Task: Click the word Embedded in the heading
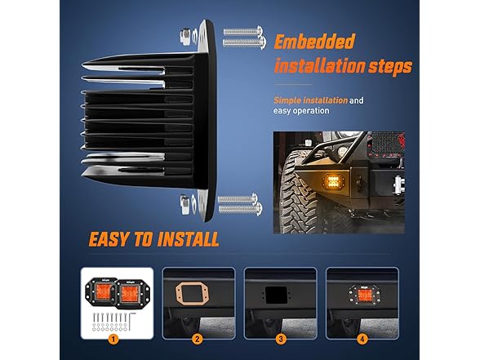314,42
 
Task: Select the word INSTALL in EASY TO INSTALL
188,239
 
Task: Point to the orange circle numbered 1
113,339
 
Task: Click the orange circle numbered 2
197,339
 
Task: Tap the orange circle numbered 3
281,339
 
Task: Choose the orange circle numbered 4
362,339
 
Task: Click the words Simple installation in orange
310,100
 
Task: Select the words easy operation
301,110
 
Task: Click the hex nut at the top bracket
184,36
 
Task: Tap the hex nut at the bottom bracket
184,204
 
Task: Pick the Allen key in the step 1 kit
132,319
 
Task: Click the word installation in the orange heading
319,66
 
